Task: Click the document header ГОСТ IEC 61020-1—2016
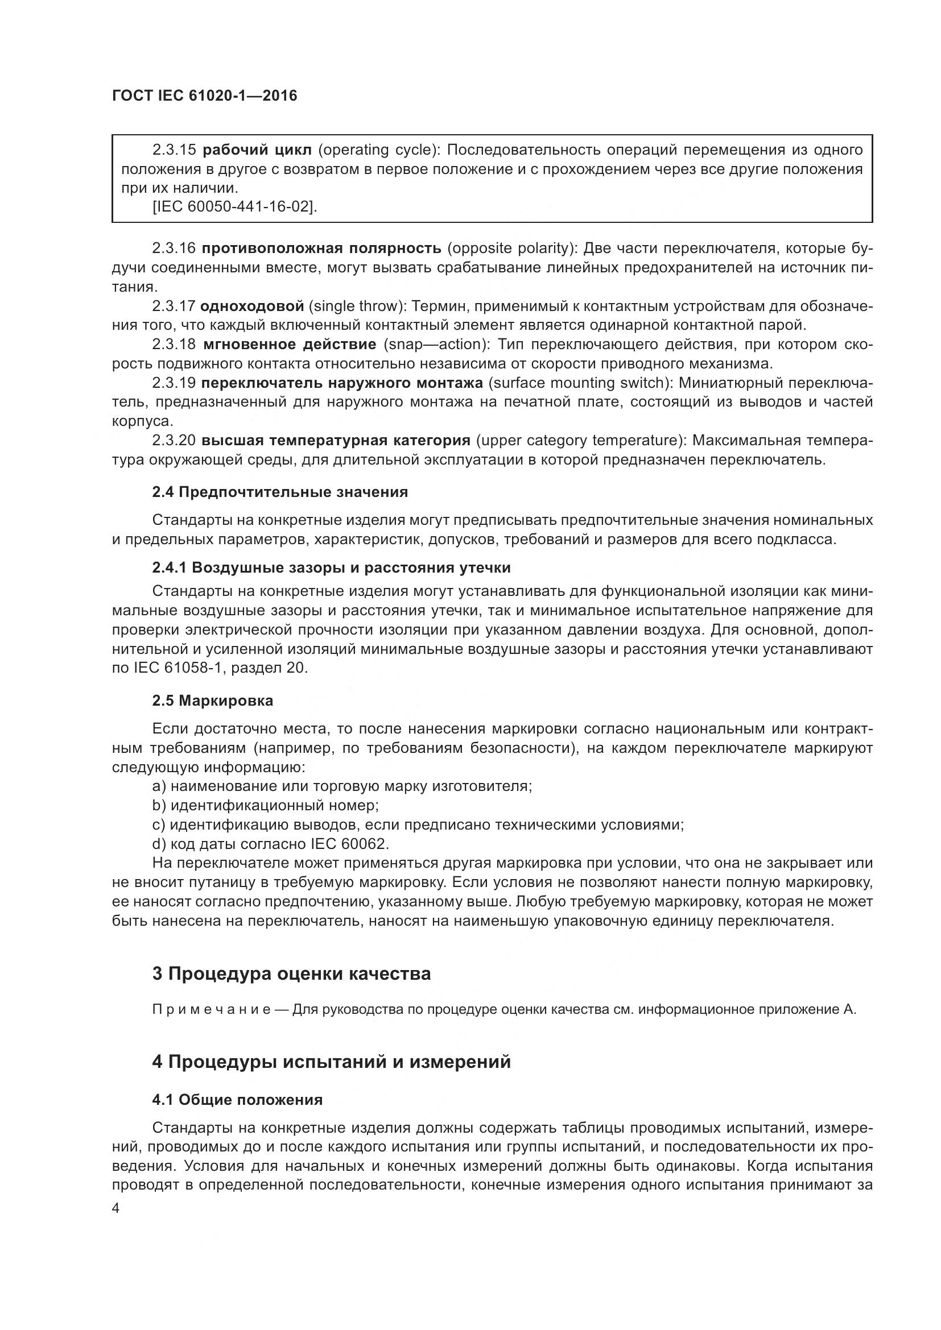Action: (205, 96)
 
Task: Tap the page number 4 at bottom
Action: (116, 1208)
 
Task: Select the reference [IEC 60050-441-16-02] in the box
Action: (234, 207)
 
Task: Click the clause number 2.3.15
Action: (175, 150)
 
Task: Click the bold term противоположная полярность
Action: (321, 248)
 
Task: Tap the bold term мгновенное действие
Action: (290, 345)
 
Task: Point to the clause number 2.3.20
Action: (175, 440)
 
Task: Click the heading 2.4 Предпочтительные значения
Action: (280, 492)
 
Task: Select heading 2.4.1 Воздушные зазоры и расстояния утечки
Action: (332, 567)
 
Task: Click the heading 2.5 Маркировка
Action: (213, 701)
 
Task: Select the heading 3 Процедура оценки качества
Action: (291, 973)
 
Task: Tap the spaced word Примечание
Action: (212, 1010)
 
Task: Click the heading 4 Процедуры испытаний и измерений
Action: (332, 1062)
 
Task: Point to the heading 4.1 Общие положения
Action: (237, 1100)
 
